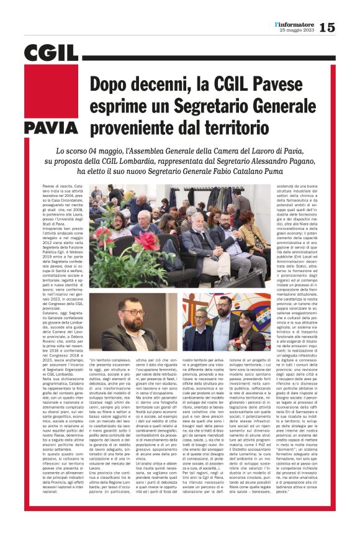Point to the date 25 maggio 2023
click(297, 31)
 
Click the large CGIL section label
click(50, 54)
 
